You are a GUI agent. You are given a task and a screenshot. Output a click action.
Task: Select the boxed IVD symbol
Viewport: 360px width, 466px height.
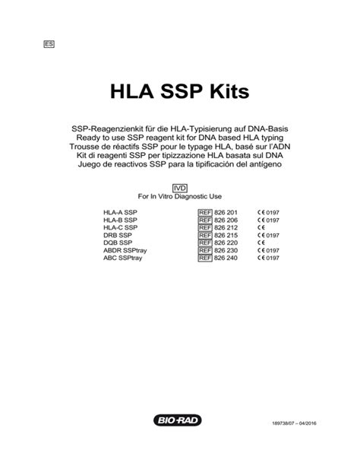[180, 187]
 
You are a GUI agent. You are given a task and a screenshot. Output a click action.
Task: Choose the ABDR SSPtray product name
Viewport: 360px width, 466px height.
[125, 251]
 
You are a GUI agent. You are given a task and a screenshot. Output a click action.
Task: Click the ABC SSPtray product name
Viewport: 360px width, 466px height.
[124, 258]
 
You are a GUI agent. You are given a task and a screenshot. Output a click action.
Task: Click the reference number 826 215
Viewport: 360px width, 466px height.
[227, 235]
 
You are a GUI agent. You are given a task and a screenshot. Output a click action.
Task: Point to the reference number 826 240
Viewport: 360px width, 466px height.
[227, 258]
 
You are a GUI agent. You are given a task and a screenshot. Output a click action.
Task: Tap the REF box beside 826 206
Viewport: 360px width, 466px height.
[204, 219]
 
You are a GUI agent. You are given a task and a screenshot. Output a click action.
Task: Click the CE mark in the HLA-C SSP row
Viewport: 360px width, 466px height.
[261, 227]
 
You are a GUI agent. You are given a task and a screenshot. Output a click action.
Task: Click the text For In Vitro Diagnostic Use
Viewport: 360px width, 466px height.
[179, 196]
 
